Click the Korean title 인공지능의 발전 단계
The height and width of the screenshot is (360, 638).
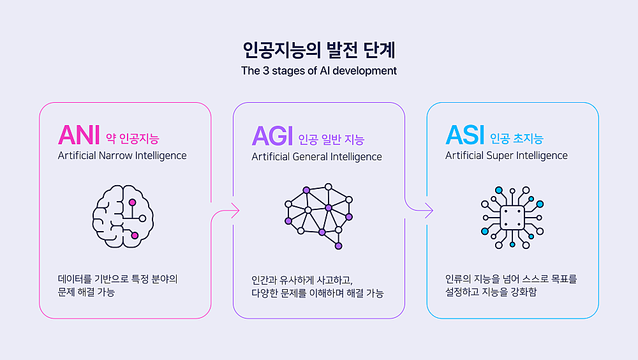pyautogui.click(x=319, y=50)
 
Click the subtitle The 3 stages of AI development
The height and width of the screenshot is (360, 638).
pyautogui.click(x=319, y=71)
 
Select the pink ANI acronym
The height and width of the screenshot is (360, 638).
pyautogui.click(x=79, y=135)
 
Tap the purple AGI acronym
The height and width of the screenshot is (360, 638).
pyautogui.click(x=272, y=135)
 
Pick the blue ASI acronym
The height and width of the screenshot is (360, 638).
pyautogui.click(x=465, y=135)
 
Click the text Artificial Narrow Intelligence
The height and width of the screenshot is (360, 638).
pyautogui.click(x=122, y=156)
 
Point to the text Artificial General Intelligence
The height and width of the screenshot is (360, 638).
pyautogui.click(x=316, y=157)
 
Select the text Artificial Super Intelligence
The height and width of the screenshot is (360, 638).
pyautogui.click(x=506, y=156)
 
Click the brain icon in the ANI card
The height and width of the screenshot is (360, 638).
pyautogui.click(x=123, y=216)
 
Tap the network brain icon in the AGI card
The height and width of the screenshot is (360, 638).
pyautogui.click(x=318, y=216)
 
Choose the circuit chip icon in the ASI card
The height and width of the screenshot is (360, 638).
pyautogui.click(x=512, y=218)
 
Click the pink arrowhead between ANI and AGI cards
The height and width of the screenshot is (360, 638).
pyautogui.click(x=235, y=211)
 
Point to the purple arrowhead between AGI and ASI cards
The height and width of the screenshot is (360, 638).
pyautogui.click(x=429, y=211)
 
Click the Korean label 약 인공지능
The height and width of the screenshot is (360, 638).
pyautogui.click(x=133, y=139)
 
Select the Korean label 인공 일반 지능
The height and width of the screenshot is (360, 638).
pyautogui.click(x=331, y=140)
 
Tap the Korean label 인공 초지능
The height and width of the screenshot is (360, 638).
pyautogui.click(x=517, y=139)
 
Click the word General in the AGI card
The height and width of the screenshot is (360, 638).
pyautogui.click(x=310, y=157)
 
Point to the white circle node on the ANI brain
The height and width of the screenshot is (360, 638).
pyautogui.click(x=142, y=219)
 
